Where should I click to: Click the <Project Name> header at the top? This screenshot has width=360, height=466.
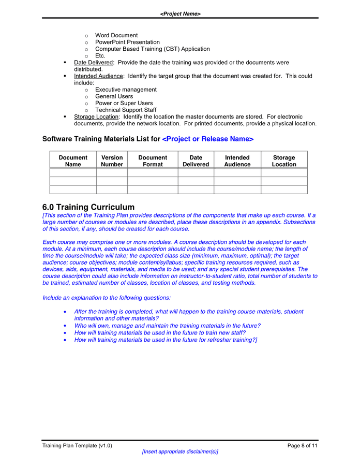coord(180,14)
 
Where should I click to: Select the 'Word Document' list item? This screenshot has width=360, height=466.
coord(116,35)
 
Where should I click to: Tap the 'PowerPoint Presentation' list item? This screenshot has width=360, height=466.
coord(127,42)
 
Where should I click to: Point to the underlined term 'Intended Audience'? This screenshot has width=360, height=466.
coord(98,76)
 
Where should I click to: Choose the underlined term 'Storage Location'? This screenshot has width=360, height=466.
coord(96,116)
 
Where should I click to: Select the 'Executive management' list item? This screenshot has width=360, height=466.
coord(126,90)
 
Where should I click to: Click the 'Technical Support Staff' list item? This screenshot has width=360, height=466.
coord(126,110)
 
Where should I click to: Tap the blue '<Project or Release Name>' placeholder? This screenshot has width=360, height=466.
coord(208,139)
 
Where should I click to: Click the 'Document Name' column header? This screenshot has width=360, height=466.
coord(73,161)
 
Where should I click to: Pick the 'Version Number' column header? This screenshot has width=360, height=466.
coord(112,161)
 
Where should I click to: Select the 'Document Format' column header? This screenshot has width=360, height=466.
coord(153,161)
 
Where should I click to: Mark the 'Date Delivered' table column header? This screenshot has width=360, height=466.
coord(196,161)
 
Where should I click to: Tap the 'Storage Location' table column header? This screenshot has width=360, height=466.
coord(284,161)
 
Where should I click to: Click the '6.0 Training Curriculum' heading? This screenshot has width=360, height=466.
coord(88,207)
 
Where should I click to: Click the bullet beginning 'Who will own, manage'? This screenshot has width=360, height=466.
coord(167,326)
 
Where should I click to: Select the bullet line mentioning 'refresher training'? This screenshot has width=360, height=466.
coord(166,340)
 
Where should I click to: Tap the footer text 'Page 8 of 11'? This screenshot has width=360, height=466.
coord(303,446)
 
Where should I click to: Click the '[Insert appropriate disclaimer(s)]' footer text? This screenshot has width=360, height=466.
coord(180,452)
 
